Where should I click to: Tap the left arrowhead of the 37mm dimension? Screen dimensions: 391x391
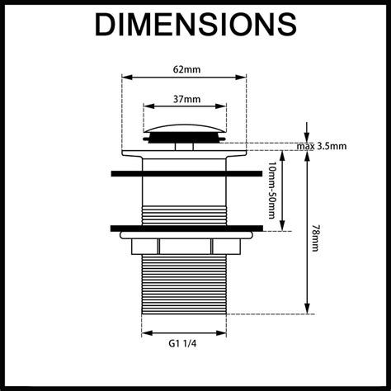147,107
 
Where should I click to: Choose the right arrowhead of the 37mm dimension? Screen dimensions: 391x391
224,107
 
